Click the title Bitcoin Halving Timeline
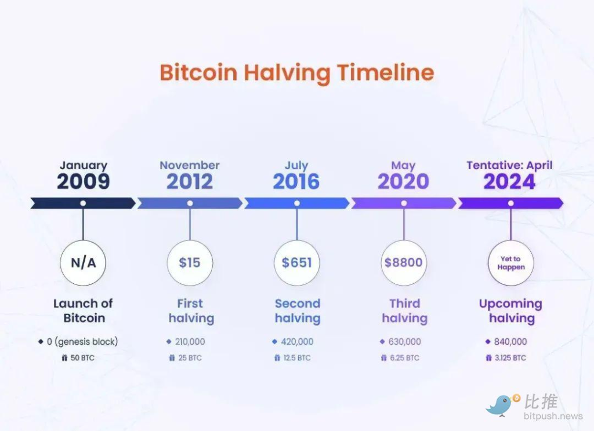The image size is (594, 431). click(297, 73)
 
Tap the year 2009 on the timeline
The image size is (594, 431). click(84, 182)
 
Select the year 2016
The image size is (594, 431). click(296, 182)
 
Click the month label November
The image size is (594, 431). click(190, 165)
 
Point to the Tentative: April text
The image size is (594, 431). click(509, 165)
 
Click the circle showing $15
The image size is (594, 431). click(190, 262)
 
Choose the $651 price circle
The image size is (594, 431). click(296, 262)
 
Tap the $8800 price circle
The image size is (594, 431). click(404, 262)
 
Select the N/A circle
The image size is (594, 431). click(83, 262)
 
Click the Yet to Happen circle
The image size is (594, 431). click(511, 262)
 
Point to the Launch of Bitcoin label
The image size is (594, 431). click(84, 311)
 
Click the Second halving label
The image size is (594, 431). click(298, 311)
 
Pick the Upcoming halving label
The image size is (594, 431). click(511, 311)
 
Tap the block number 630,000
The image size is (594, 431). click(404, 342)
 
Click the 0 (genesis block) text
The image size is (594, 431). click(82, 342)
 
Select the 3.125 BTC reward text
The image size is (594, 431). click(510, 358)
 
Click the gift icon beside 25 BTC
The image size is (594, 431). click(172, 357)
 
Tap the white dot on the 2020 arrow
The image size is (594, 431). click(404, 203)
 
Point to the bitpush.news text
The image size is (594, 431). click(553, 417)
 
